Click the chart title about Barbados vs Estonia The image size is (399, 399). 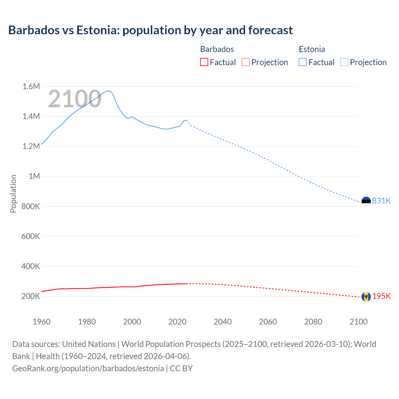tap(150, 30)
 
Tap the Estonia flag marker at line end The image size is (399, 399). tap(366, 201)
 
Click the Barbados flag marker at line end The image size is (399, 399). tap(366, 296)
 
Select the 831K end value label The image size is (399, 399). tap(381, 201)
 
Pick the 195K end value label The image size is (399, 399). tap(381, 296)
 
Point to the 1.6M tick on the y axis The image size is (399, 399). tap(31, 86)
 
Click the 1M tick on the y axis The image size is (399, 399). tap(34, 176)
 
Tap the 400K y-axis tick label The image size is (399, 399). tap(31, 266)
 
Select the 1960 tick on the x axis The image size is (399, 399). tap(41, 322)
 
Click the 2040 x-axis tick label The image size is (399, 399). tap(223, 322)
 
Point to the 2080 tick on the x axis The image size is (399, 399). tap(313, 322)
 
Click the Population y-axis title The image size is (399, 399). tap(13, 194)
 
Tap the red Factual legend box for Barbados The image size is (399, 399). tap(204, 62)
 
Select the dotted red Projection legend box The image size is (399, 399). tap(246, 62)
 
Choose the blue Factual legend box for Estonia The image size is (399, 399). tap(302, 62)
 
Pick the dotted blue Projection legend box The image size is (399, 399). tap(344, 62)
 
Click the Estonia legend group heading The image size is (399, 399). tap(312, 49)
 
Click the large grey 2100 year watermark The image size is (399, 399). tap(75, 99)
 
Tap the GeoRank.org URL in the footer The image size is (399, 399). tap(88, 368)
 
